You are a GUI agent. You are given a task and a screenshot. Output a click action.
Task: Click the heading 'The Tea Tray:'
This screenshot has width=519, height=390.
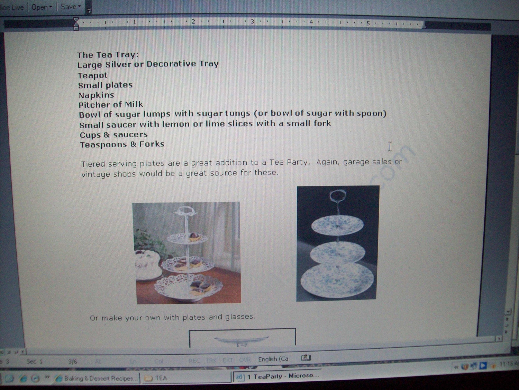point(108,55)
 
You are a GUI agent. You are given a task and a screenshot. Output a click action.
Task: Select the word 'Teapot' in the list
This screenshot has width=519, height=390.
point(92,76)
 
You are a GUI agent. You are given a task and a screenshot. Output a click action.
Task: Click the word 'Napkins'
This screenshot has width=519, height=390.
point(96,95)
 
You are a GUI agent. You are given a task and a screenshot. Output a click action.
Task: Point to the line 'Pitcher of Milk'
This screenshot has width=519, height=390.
point(110,105)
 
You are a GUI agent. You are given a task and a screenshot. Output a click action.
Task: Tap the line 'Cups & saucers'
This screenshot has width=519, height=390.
point(113,135)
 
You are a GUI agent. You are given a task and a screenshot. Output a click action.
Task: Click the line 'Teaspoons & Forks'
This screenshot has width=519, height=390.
point(122,145)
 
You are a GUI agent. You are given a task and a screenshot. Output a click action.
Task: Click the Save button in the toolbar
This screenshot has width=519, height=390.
point(69,7)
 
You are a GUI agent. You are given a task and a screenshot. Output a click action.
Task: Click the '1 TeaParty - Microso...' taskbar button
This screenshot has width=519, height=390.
point(280,376)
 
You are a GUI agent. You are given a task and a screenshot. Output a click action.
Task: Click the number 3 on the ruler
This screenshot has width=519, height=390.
point(253,22)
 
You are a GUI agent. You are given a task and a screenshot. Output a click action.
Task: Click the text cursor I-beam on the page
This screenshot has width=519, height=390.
point(390,147)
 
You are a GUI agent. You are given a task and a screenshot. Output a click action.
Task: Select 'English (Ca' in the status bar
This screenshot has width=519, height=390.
point(273,359)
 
